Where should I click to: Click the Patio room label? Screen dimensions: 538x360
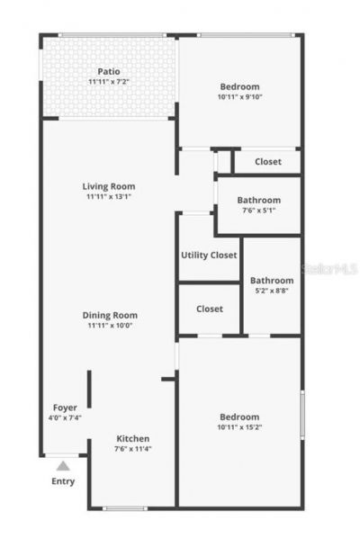(x=110, y=71)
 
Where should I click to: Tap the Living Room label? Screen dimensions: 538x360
(x=110, y=186)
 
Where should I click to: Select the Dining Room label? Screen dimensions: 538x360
(x=110, y=315)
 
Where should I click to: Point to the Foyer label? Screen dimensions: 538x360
(x=65, y=408)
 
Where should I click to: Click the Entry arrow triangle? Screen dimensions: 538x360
(x=63, y=466)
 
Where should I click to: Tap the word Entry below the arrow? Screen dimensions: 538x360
(x=63, y=481)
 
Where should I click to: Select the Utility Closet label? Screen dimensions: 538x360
(x=209, y=255)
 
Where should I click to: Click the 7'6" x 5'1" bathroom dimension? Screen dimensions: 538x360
(x=258, y=211)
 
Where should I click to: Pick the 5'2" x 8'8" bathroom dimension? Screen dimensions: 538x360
(x=272, y=291)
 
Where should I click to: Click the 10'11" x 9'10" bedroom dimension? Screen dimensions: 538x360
(x=238, y=97)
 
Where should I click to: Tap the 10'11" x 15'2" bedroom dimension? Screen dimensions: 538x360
(x=238, y=428)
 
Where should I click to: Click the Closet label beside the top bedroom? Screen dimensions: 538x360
(x=267, y=162)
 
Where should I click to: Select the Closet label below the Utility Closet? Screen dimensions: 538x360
(x=209, y=309)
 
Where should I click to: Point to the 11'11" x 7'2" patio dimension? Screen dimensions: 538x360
(x=110, y=82)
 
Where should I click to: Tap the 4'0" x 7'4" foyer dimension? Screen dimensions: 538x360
(x=65, y=417)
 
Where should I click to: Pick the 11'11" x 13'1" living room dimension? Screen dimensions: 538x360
(x=110, y=196)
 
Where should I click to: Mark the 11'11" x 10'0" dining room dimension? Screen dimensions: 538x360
(x=110, y=326)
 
